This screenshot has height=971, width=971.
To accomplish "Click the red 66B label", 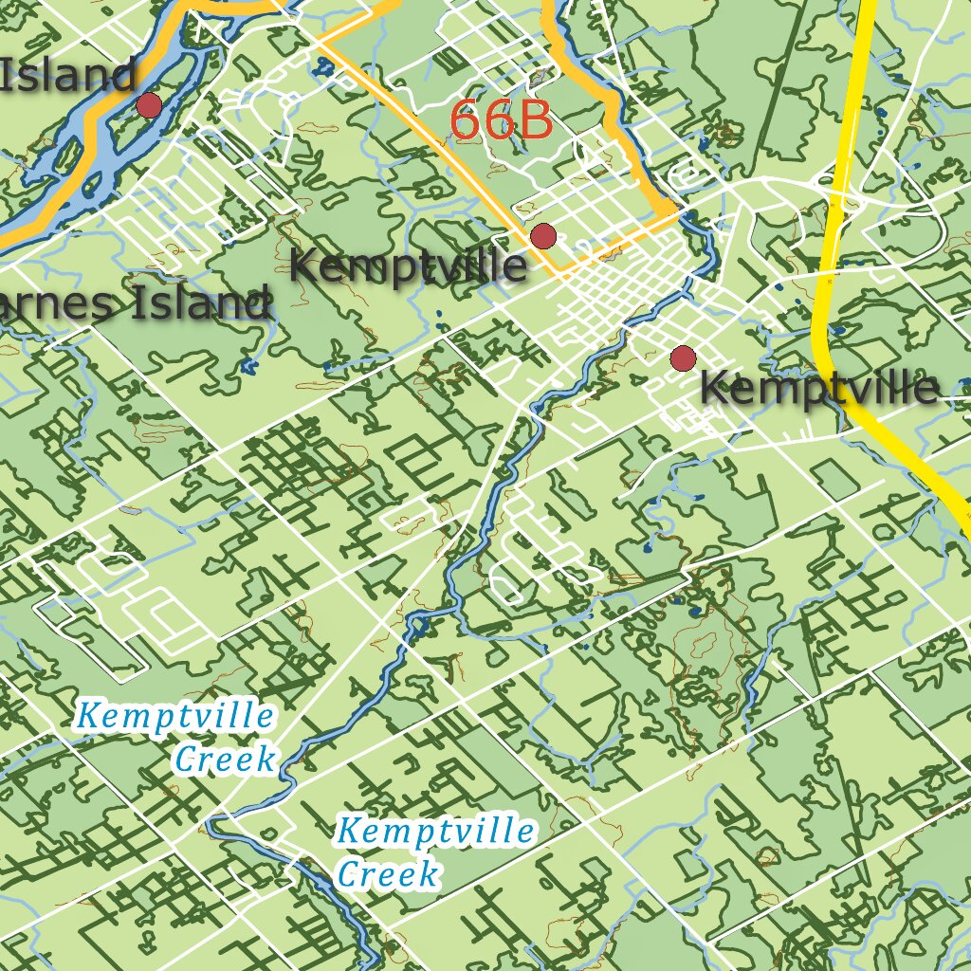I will click(x=501, y=120).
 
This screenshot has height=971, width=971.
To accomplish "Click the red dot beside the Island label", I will click(x=149, y=105).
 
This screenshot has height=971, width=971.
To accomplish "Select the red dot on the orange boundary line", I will click(x=542, y=236).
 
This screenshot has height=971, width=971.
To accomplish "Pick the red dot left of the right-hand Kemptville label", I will click(x=683, y=358).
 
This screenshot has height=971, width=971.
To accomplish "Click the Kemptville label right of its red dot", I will click(x=819, y=388).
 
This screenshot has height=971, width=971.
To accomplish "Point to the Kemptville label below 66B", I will click(x=408, y=266).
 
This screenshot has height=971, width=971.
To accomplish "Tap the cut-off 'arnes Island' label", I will click(x=133, y=304).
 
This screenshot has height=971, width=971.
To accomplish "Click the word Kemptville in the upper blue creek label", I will click(x=175, y=716).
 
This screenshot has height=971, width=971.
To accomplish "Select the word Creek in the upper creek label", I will click(x=226, y=759).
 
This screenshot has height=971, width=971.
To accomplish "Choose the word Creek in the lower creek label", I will click(x=389, y=873).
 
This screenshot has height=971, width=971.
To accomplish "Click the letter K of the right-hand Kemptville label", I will click(x=714, y=389).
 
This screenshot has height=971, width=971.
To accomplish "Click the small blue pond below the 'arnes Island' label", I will click(x=249, y=366).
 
